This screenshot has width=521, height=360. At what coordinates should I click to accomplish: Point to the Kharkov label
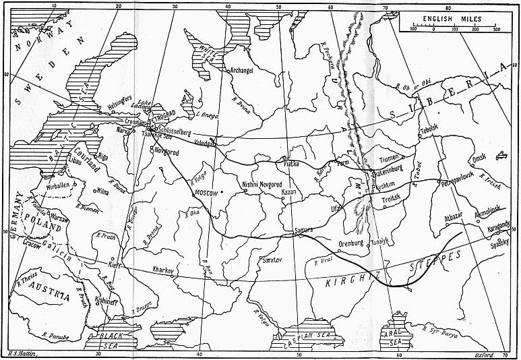(x=164, y=270)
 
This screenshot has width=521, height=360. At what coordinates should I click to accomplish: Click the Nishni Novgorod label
(x=259, y=184)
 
